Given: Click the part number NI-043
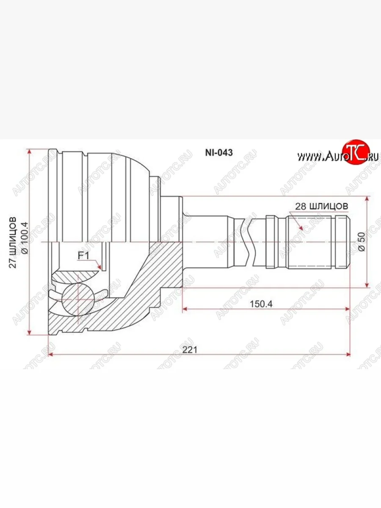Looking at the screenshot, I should tap(218, 153).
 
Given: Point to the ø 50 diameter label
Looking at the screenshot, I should tap(361, 242).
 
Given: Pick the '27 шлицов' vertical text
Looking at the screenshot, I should tap(13, 242).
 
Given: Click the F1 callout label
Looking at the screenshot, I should tap(83, 255).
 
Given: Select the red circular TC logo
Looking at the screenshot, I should tap(356, 152).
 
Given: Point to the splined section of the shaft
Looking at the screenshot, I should tap(309, 242).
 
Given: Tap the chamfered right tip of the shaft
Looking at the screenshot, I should tap(348, 242).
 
